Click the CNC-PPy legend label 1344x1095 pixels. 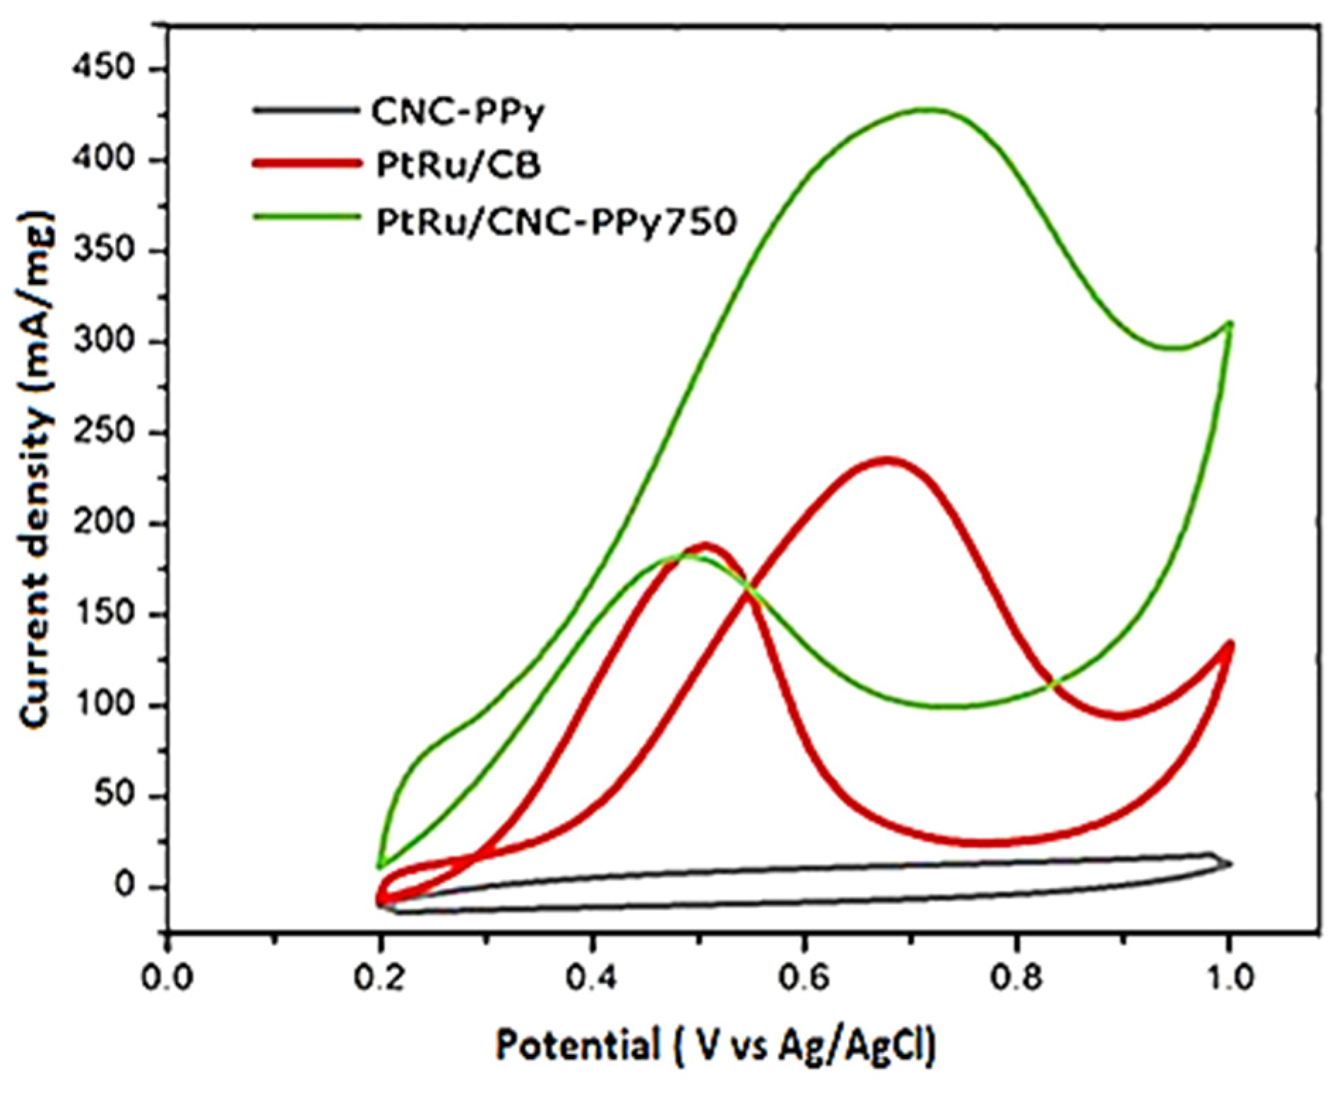coord(458,112)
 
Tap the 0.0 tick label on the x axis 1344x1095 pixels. coord(167,978)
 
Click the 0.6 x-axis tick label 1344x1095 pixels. coord(803,978)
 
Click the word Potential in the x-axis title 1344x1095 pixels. coord(576,1045)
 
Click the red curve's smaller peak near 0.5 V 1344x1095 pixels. coord(706,546)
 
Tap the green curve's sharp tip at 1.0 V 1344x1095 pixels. coord(1230,323)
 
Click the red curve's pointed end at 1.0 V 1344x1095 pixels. coord(1230,644)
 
